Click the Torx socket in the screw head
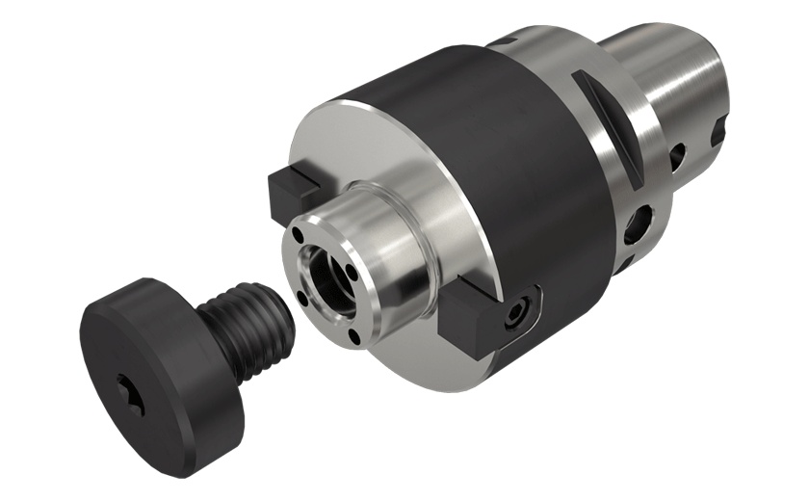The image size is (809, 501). [x=133, y=395]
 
